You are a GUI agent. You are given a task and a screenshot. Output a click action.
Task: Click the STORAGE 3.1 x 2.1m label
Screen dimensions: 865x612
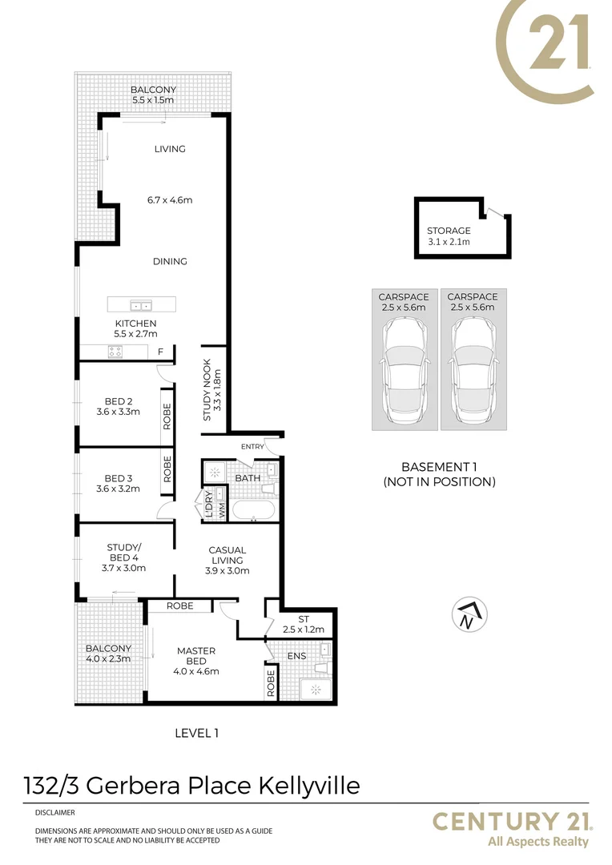(x=449, y=236)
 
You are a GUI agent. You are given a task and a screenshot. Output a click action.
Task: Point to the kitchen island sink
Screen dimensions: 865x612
(x=142, y=305)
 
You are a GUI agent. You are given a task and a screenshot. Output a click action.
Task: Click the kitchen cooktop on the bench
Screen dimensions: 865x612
(x=114, y=351)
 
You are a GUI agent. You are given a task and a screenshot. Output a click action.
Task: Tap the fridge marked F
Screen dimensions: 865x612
(x=160, y=352)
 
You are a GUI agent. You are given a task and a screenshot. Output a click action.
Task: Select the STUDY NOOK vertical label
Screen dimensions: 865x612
(x=211, y=390)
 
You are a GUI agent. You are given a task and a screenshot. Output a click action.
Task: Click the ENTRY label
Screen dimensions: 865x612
(x=252, y=446)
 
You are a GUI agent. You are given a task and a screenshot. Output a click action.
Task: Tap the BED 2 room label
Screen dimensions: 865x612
(x=118, y=401)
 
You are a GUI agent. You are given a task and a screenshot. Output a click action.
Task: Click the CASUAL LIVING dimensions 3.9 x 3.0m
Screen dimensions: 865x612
(x=227, y=571)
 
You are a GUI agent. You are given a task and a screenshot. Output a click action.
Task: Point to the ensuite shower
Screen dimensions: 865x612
(x=314, y=689)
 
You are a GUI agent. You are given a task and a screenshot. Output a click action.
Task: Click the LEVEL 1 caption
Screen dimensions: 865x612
(x=196, y=732)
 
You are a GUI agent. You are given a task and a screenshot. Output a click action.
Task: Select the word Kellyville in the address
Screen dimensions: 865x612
(x=307, y=785)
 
